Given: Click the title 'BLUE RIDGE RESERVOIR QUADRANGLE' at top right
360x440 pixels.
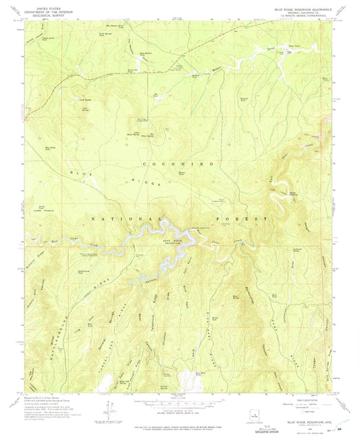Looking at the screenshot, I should point(297,9).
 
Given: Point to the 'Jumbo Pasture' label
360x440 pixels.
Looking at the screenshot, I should point(43,211).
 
